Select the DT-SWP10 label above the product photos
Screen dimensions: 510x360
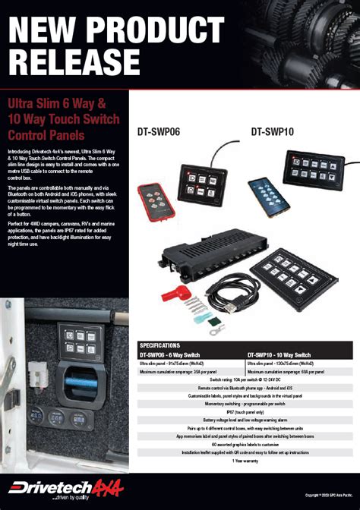(272, 131)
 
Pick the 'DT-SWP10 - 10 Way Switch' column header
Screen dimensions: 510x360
(279, 354)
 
